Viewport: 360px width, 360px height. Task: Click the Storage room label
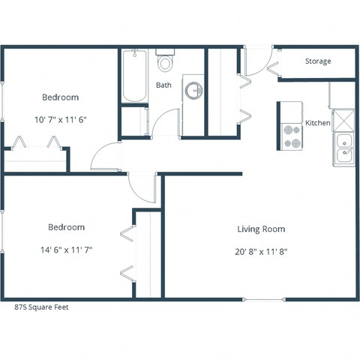(318, 61)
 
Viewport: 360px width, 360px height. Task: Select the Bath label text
(163, 85)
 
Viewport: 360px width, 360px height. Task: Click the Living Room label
(261, 229)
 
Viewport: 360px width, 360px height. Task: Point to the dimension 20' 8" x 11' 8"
(261, 251)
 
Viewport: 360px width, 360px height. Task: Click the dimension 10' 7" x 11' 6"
(60, 119)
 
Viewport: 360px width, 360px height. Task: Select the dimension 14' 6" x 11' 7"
(66, 249)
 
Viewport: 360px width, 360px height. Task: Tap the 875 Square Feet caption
(44, 307)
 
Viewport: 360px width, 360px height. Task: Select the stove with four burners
(291, 135)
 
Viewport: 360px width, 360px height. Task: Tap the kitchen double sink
(345, 148)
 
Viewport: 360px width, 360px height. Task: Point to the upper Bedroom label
(60, 97)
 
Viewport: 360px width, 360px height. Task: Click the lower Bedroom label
(66, 227)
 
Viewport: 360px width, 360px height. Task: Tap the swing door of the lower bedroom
(142, 186)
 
